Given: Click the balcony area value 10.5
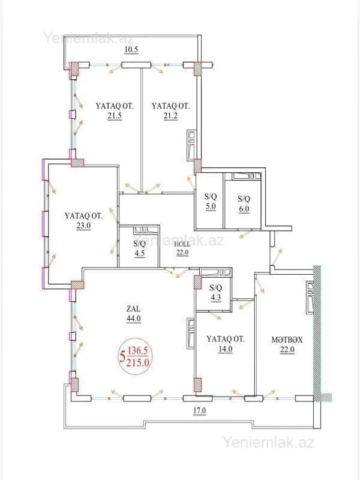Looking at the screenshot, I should (131, 50).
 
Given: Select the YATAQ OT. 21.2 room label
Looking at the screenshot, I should (170, 111).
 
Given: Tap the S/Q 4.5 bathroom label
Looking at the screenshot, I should (139, 248).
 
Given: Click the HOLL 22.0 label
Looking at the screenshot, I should (182, 248).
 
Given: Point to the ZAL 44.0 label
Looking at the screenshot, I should (133, 314).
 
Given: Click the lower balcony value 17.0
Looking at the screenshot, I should (199, 411).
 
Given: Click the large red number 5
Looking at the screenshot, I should (123, 358).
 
